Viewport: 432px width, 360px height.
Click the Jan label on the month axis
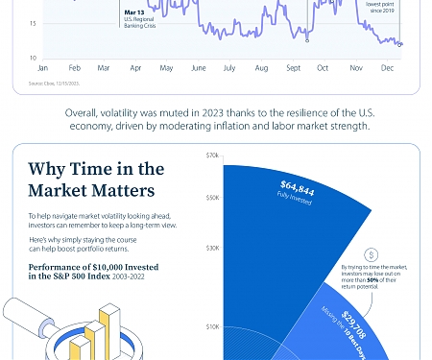coord(42,69)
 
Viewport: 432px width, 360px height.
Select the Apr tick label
coord(135,69)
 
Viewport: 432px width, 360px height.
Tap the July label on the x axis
coord(229,69)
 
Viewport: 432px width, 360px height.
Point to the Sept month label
coord(293,69)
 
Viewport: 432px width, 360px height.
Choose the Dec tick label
coord(386,69)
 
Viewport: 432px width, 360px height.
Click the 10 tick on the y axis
coord(33,57)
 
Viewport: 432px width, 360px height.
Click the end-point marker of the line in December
coord(399,43)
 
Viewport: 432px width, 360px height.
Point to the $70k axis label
coord(212,154)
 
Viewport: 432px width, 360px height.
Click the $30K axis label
coord(212,247)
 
